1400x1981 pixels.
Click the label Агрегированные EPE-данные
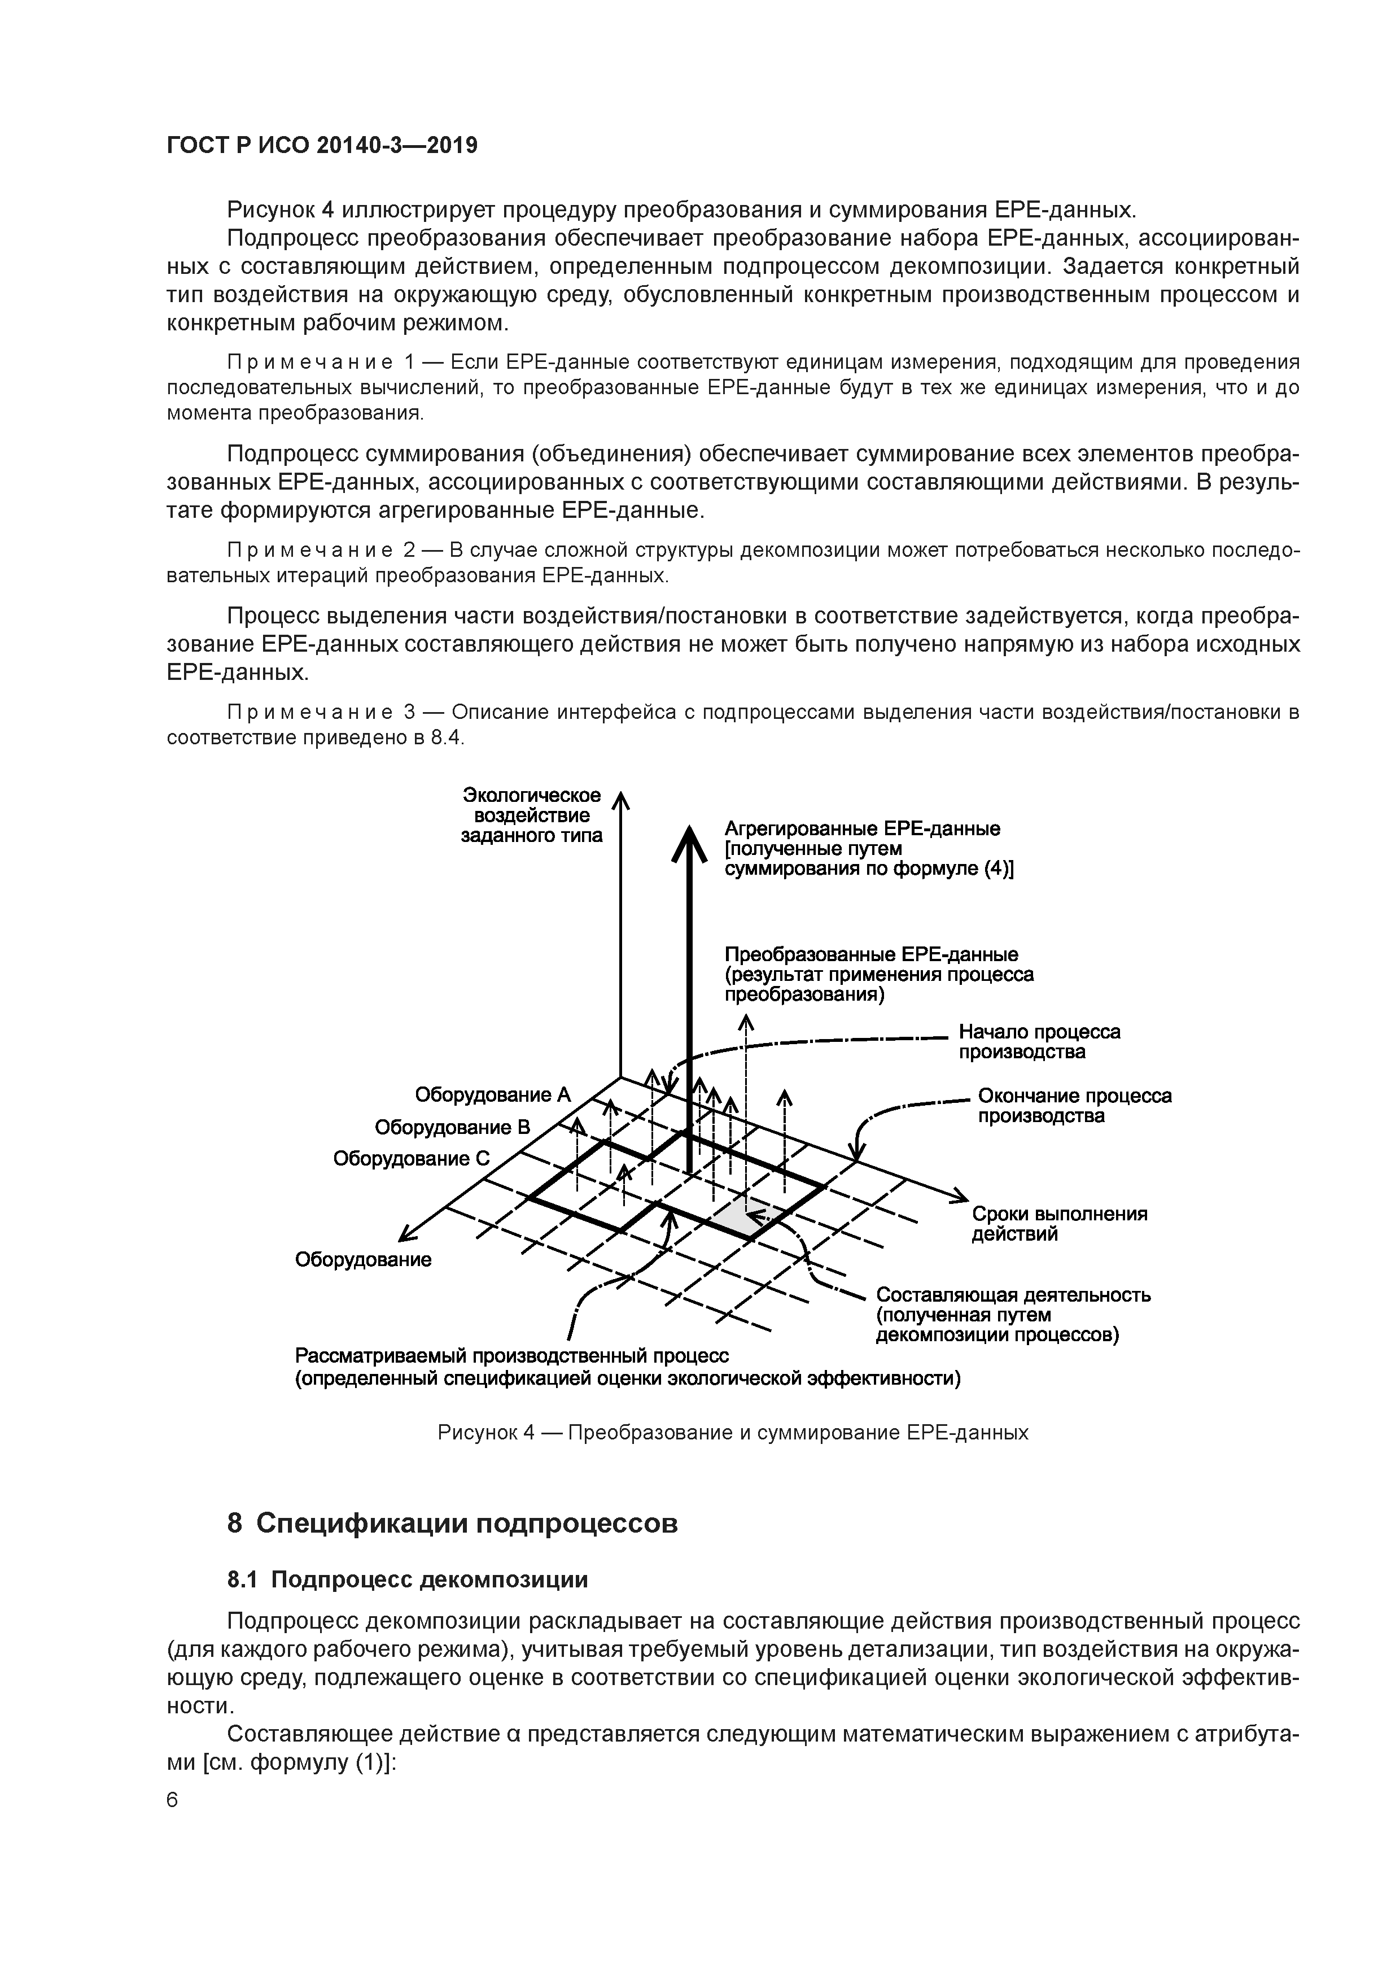(862, 828)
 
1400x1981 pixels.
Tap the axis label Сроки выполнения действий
(1058, 1224)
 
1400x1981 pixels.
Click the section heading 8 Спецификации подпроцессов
(452, 1523)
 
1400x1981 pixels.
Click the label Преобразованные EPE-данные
(870, 954)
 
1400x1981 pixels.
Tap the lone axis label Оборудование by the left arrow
(363, 1260)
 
